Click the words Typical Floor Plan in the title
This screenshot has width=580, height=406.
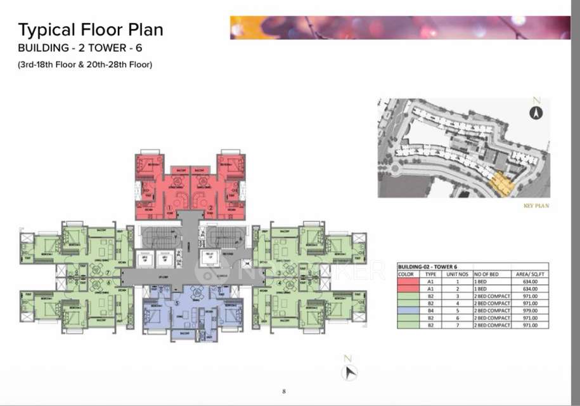coord(91,29)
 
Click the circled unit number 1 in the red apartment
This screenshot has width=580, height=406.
coord(169,207)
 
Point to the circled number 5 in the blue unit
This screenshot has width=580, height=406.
coord(177,302)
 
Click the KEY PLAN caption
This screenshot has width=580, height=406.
coord(536,206)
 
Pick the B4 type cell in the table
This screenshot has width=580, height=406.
coord(430,310)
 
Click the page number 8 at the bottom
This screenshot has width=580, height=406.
coord(284,391)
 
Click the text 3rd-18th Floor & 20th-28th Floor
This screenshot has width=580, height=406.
coord(86,64)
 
